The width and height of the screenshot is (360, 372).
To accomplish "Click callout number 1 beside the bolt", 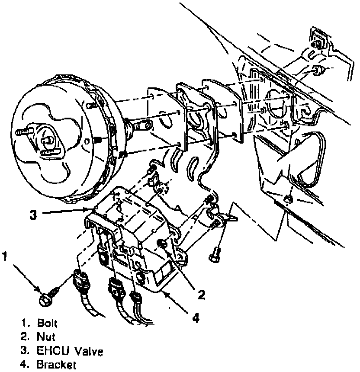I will (5, 257).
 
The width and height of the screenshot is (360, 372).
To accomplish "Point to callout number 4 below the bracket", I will (196, 318).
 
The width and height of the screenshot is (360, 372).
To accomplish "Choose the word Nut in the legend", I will (45, 337).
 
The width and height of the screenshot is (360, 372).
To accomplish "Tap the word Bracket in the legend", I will (56, 364).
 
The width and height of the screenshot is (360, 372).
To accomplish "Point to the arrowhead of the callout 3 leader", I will (92, 210).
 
